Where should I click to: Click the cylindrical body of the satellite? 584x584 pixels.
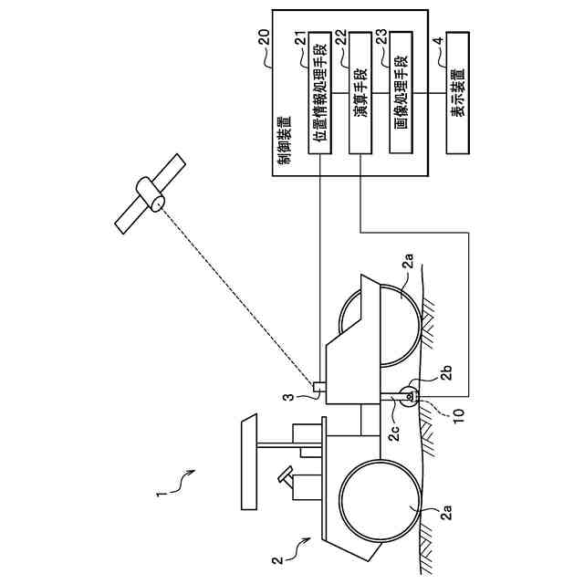150,194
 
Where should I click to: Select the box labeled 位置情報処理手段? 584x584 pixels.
320,93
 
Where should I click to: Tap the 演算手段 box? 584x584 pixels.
360,93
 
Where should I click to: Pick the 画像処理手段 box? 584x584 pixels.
401,93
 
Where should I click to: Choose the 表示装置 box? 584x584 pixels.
457,93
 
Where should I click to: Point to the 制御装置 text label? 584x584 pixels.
286,141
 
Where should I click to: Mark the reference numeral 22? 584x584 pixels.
341,38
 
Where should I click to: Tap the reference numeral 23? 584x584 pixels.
382,38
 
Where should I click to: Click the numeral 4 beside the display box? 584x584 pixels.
439,40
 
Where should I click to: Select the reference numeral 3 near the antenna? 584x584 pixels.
289,398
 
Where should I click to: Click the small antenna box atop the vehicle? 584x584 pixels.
319,387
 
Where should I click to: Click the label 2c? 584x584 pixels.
394,433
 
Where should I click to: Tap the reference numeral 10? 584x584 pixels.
459,416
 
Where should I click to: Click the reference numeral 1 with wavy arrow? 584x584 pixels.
159,495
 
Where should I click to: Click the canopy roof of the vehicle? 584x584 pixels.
249,462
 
